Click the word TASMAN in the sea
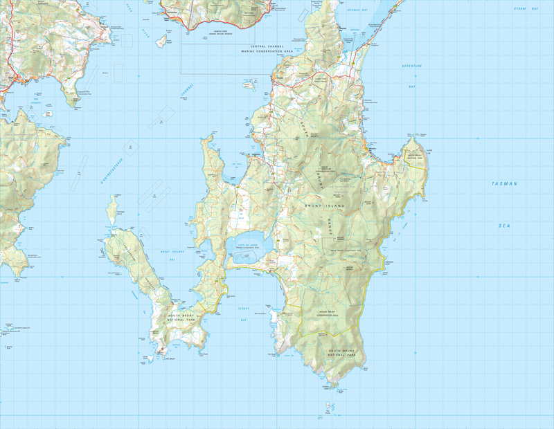pos(504,183)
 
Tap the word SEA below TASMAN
pos(503,226)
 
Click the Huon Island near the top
pos(161,42)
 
